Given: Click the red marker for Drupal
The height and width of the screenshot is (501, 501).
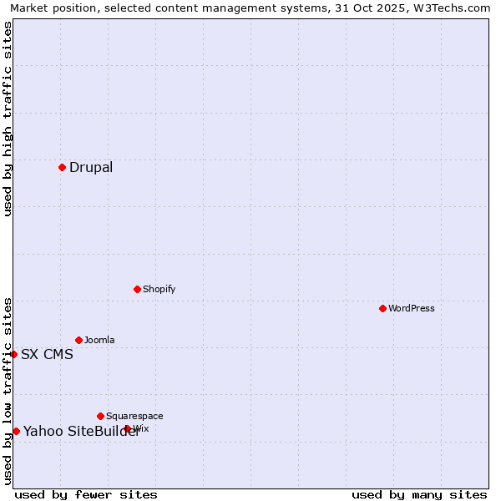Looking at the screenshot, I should pos(62,167).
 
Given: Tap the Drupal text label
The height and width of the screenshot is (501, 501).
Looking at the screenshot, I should pos(91,167).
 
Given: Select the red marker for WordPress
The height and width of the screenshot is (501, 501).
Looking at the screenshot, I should pos(382,308).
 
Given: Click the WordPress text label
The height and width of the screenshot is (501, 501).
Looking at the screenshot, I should pos(412,308).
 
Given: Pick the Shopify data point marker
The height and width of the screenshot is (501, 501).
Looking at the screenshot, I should pos(137,289).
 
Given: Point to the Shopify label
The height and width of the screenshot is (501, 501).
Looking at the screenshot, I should pos(159,289).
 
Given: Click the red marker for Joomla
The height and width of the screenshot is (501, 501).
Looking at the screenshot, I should pos(78,340).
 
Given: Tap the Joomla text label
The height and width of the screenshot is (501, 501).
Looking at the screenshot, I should pos(99,340).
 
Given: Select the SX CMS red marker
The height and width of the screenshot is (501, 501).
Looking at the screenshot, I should pos(13,354).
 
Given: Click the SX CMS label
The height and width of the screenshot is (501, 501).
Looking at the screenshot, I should pos(47,354).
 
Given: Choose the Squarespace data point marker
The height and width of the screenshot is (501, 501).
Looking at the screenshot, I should pos(100,416).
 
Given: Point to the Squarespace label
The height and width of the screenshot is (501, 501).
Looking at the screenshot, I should pos(134,416).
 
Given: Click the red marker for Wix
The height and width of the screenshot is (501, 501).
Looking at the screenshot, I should pos(127,428).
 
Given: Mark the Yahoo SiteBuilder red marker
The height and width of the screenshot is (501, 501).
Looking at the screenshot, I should pos(16,431).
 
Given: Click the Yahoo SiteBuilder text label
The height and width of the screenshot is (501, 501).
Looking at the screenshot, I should pos(81,431).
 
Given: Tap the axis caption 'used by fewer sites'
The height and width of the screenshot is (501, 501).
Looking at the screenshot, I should pos(86,494).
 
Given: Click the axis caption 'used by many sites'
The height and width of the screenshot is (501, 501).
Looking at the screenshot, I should pos(419,494).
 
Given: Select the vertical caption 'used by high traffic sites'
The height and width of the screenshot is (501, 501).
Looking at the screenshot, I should pos(8,119).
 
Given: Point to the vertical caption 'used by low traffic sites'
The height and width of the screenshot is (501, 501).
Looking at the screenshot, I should pos(8,390).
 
